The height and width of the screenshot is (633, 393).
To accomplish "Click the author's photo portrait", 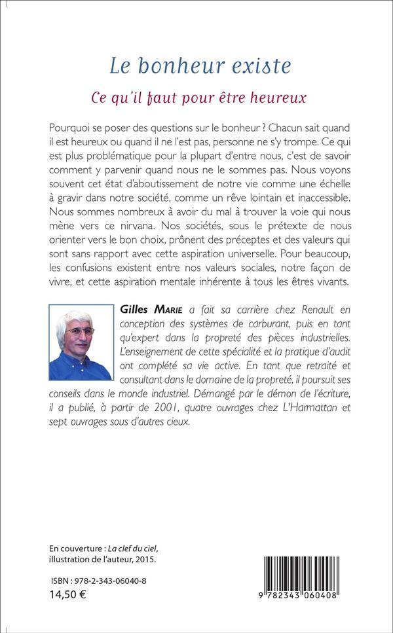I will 79,345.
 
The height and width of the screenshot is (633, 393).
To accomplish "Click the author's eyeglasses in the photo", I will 80,332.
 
